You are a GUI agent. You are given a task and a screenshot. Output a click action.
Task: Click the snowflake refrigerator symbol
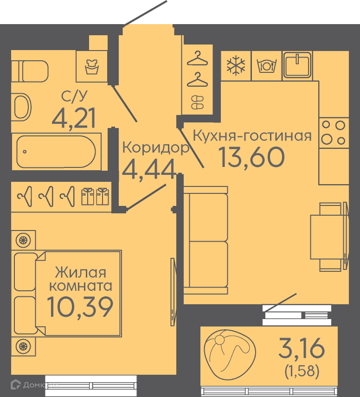click(236, 65)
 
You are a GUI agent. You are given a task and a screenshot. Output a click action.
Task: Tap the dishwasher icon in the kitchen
click(266, 66)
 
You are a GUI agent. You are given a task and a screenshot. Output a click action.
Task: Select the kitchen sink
click(297, 65)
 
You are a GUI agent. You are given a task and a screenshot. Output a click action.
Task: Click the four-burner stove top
click(334, 133)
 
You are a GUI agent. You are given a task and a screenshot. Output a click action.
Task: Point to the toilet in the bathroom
click(30, 71)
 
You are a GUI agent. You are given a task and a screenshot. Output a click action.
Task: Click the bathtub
click(56, 152)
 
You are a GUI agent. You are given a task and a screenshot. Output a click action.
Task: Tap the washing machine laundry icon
click(91, 66)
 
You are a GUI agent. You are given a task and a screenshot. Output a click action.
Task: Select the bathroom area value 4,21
click(74, 117)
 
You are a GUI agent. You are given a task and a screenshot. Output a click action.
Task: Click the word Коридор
click(156, 148)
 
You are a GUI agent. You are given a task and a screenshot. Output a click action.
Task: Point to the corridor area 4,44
click(149, 169)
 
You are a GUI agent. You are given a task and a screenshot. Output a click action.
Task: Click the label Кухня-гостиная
click(252, 135)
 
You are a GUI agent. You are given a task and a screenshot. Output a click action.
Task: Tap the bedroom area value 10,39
click(80, 307)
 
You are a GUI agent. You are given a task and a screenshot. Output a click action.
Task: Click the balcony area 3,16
click(301, 348)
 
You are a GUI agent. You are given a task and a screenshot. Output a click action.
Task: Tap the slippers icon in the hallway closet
click(197, 102)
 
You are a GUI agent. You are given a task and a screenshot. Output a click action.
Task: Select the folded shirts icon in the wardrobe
click(95, 196)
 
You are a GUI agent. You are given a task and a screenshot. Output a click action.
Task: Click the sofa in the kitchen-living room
click(206, 240)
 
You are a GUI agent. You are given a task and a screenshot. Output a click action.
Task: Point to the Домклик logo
click(35, 385)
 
